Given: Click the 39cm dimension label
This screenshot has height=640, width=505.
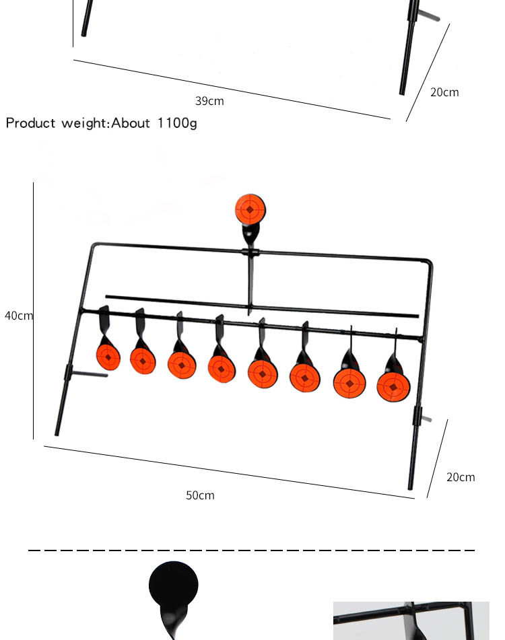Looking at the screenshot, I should click(x=209, y=102).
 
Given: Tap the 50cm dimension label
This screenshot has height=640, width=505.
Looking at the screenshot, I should click(x=200, y=496).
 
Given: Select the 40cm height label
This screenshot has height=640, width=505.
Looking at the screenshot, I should click(x=18, y=316).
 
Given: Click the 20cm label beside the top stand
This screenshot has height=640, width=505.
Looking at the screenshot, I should click(x=444, y=93).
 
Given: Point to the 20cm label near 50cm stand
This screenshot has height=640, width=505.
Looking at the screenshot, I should click(x=461, y=478).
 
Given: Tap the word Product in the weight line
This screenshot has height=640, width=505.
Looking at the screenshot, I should click(x=32, y=123).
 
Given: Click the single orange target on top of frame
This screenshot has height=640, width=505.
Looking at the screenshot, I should click(x=250, y=210).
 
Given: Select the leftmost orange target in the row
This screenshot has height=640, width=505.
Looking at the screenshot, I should click(x=108, y=357).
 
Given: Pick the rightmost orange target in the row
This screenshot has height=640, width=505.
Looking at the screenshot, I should click(x=393, y=387).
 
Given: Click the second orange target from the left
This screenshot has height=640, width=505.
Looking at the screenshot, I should click(x=143, y=361).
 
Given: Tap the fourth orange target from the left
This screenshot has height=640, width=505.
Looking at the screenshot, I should click(x=222, y=369).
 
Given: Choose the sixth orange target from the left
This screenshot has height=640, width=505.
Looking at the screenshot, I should click(x=304, y=378).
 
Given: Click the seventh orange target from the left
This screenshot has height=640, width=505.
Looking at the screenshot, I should click(x=349, y=382).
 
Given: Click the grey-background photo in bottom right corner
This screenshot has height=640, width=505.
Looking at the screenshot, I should click(x=411, y=620).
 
